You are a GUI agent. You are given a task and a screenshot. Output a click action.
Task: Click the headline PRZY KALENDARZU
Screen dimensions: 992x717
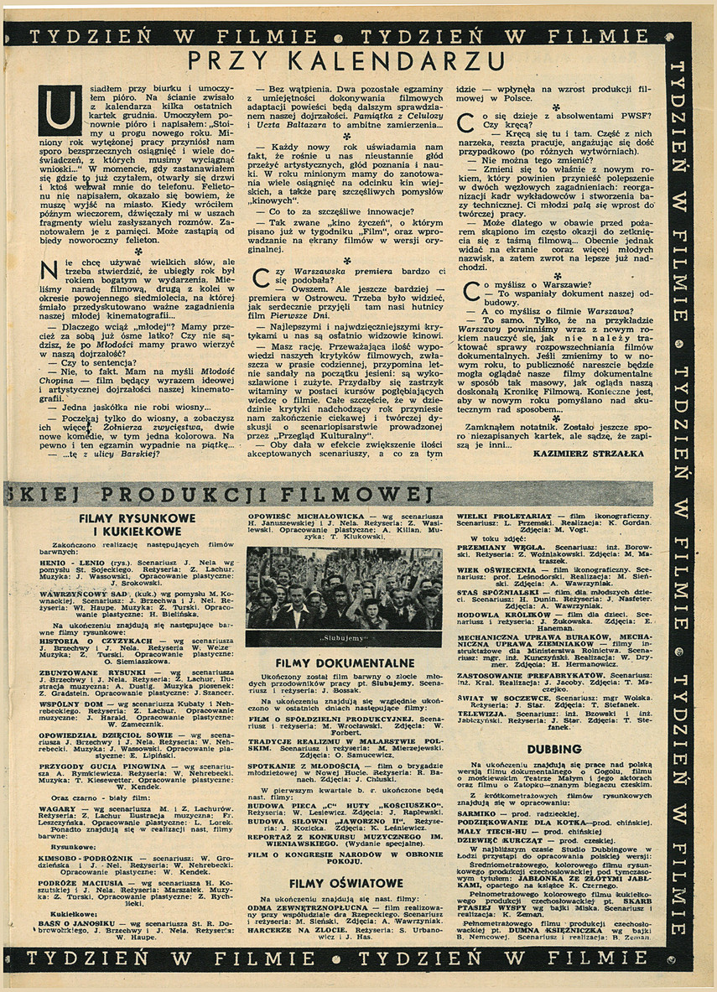point(345,61)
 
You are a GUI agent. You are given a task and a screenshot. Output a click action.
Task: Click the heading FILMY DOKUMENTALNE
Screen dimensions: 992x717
point(345,662)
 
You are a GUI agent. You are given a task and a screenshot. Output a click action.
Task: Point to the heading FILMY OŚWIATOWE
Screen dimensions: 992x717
point(344,883)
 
